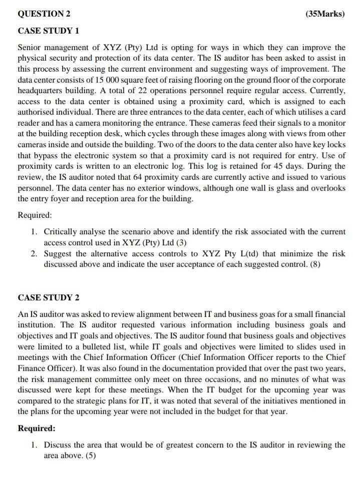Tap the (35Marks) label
(x=324, y=13)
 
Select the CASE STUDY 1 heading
(x=49, y=31)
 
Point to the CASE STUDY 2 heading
(x=49, y=297)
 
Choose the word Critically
(x=63, y=232)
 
